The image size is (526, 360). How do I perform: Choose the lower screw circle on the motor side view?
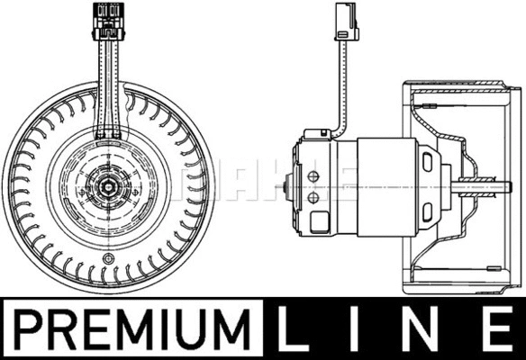pyautogui.click(x=313, y=197)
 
